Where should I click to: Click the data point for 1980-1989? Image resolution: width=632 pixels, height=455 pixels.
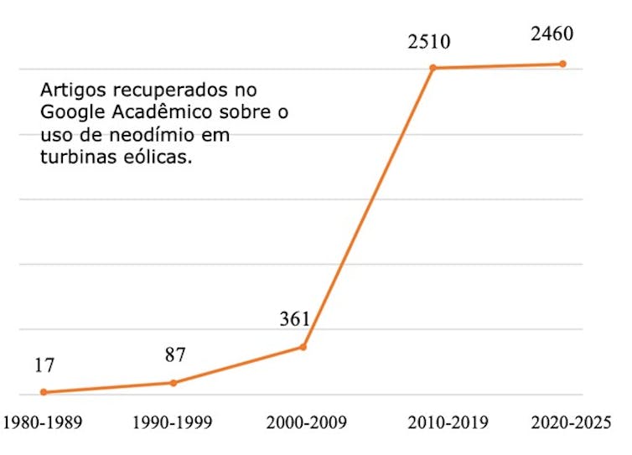tap(44, 392)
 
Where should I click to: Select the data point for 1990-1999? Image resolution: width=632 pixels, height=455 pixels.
tap(174, 383)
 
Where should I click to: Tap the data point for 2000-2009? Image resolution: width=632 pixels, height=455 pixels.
tap(303, 347)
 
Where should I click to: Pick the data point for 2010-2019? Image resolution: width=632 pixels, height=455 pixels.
tap(433, 68)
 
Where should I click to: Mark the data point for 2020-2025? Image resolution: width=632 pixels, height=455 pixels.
tap(563, 64)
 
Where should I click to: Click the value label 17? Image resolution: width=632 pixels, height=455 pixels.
tap(44, 366)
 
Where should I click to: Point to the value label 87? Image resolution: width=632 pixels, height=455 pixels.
tap(174, 355)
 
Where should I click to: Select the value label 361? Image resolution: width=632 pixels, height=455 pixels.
tap(295, 318)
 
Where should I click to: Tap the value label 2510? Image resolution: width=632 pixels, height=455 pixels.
tap(430, 40)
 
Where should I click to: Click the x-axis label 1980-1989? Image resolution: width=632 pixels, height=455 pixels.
tap(42, 421)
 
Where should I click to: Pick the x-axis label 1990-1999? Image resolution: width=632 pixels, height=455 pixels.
tap(173, 421)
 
